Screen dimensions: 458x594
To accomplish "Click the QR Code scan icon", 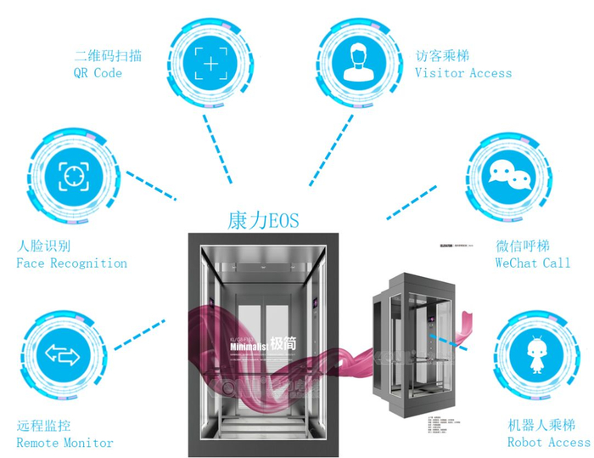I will click(210, 62).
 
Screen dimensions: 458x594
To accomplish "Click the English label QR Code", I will click(98, 73).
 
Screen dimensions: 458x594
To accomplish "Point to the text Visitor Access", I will click(463, 73).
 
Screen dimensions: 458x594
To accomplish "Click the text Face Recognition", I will click(72, 263).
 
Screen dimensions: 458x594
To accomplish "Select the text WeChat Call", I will click(533, 263).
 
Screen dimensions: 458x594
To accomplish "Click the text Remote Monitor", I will click(64, 443).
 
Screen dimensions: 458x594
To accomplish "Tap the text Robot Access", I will click(548, 442).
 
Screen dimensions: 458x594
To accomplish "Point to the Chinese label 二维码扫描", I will click(108, 56).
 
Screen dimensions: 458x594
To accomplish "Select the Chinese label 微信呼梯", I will click(524, 246).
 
